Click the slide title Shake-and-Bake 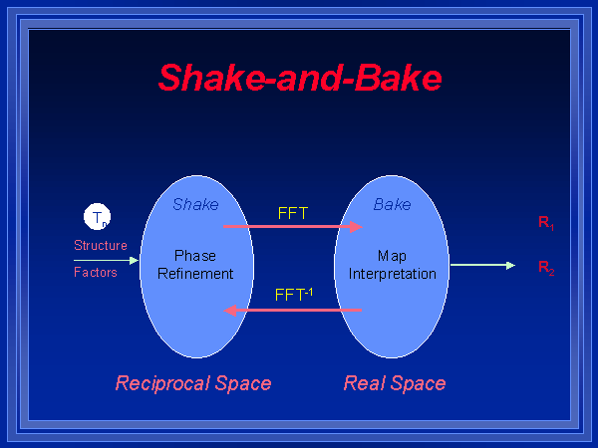pos(300,77)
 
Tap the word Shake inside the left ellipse pos(195,204)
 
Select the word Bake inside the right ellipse pos(392,204)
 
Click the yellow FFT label pos(293,212)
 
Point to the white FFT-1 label pos(293,294)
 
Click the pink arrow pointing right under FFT pos(293,227)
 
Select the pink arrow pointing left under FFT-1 pos(293,310)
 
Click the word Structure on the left pos(101,245)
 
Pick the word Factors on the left pos(96,272)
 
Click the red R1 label pos(546,224)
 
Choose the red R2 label pos(546,267)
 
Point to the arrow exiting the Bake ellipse pos(482,265)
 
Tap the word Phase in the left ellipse pos(195,256)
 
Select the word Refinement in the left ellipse pos(195,273)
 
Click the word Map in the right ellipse pos(392,256)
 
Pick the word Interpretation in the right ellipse pos(392,273)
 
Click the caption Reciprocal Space pos(193,383)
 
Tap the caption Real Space pos(395,383)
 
